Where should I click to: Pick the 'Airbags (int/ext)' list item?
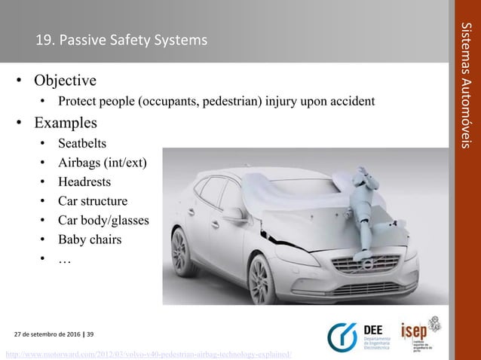tap(104, 163)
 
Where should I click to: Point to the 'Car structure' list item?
tap(94, 201)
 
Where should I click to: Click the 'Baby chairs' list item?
tap(90, 240)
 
